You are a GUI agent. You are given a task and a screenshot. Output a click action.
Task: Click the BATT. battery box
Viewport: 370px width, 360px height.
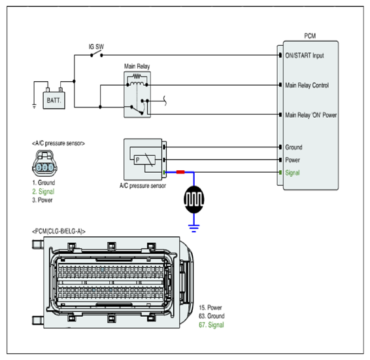pos(54,100)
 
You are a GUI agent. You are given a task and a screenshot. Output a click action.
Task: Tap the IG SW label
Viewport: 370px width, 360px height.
pos(96,46)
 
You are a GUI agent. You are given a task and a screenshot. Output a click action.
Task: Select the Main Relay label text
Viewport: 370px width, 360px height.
pos(137,66)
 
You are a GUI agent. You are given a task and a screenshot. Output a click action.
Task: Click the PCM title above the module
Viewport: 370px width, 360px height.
pos(310,36)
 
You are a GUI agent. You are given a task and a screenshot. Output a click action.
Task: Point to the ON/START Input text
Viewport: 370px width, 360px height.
pos(305,56)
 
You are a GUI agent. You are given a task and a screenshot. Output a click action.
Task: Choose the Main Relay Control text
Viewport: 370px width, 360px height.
pos(307,85)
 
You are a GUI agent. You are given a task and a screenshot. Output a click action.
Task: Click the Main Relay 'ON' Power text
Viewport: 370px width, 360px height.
pos(311,115)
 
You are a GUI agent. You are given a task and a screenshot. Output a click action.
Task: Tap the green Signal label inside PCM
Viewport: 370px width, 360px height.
pos(292,173)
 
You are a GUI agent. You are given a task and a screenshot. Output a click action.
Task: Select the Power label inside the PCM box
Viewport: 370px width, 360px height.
pos(293,160)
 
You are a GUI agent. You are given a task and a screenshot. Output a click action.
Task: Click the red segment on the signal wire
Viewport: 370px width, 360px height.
pos(180,172)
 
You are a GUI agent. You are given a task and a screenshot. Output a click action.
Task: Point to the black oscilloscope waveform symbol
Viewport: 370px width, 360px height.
pos(194,200)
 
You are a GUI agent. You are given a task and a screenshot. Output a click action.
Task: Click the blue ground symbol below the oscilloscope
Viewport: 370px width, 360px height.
pos(194,228)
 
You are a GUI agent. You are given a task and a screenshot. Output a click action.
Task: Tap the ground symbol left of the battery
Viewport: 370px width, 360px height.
pos(35,107)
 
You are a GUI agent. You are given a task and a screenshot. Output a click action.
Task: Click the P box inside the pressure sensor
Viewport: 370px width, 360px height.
pos(144,160)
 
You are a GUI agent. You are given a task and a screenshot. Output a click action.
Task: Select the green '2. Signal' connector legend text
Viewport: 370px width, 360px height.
pos(43,191)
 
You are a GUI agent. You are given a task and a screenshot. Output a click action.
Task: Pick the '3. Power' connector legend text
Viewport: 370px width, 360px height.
pos(42,200)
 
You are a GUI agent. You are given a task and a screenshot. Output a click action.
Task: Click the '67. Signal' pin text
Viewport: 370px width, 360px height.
pos(211,325)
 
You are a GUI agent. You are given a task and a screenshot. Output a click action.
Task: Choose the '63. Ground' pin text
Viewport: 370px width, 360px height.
pos(212,316)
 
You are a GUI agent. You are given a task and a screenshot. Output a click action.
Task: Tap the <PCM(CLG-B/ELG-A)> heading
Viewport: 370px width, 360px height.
pos(59,231)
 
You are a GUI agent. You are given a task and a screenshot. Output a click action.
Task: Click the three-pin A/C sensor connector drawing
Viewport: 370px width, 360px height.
pos(45,164)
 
